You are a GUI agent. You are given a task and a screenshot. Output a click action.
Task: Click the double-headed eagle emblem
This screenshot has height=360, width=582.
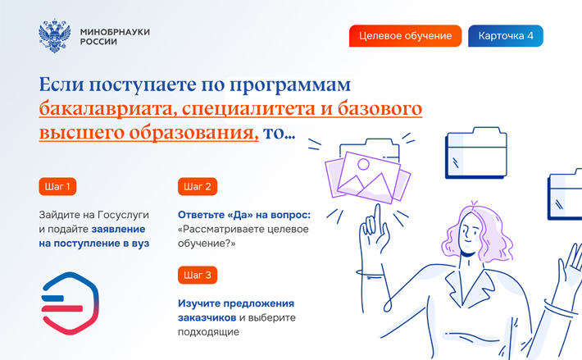click(55, 36)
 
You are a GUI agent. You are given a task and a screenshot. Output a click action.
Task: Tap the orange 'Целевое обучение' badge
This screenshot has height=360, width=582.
click(405, 36)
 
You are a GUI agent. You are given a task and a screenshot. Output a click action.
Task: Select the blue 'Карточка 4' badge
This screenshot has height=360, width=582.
click(506, 36)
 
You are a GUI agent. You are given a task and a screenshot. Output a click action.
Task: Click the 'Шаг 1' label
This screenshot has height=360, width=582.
click(57, 186)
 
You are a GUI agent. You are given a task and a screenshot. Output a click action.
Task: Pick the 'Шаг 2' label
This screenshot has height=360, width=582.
click(198, 186)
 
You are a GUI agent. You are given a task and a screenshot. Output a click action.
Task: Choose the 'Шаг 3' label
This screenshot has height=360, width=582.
click(198, 275)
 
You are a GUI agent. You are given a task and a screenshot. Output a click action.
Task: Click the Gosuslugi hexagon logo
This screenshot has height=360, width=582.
click(70, 303)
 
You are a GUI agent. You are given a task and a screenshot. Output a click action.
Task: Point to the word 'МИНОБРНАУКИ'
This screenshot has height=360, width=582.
click(115, 32)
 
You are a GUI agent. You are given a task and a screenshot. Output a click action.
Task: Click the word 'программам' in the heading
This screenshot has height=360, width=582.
click(290, 85)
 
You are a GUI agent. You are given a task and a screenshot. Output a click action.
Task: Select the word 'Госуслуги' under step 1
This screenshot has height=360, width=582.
click(123, 215)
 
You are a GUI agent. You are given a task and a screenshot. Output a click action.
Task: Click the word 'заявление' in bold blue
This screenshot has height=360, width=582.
click(118, 230)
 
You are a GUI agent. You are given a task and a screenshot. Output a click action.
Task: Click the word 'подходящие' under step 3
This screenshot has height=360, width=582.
click(208, 332)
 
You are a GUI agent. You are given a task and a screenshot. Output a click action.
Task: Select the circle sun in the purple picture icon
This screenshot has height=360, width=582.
click(363, 164)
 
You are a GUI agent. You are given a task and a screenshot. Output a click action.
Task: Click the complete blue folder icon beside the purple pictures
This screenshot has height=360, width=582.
click(476, 153)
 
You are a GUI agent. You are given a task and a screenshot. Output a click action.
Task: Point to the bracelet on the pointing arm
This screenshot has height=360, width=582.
click(370, 274)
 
